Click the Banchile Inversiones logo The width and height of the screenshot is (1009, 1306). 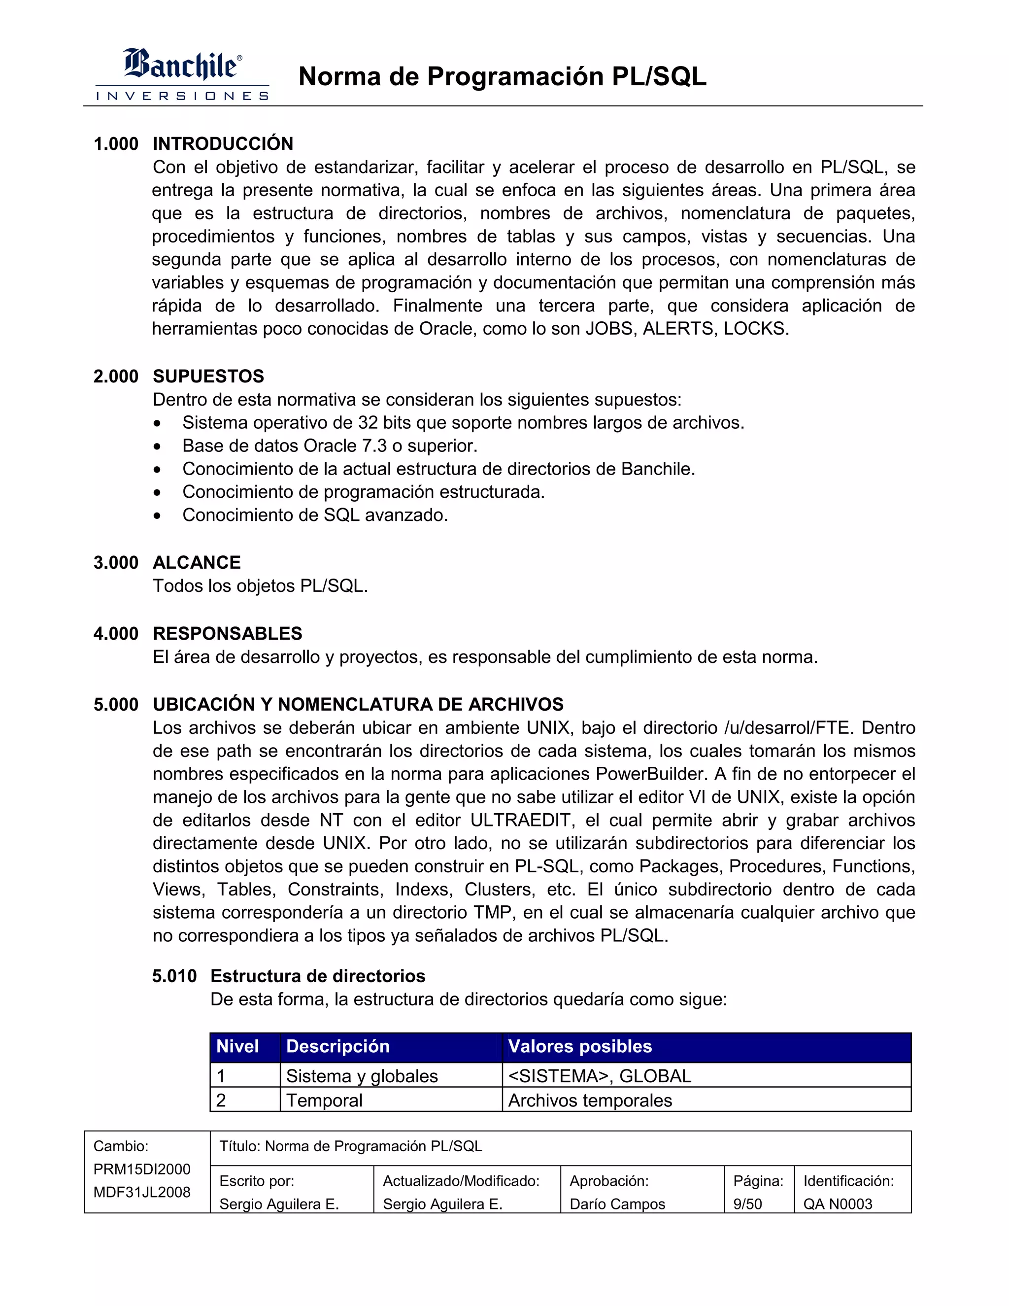coord(182,74)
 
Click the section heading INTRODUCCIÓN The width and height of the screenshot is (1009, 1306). coord(223,143)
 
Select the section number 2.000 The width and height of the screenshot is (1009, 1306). coord(116,376)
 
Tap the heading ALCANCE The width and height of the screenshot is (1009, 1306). coord(197,562)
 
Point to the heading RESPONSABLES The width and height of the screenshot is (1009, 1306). coord(227,633)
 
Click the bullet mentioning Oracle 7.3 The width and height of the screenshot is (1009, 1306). coord(330,446)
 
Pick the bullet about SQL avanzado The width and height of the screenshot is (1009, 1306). coord(315,515)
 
